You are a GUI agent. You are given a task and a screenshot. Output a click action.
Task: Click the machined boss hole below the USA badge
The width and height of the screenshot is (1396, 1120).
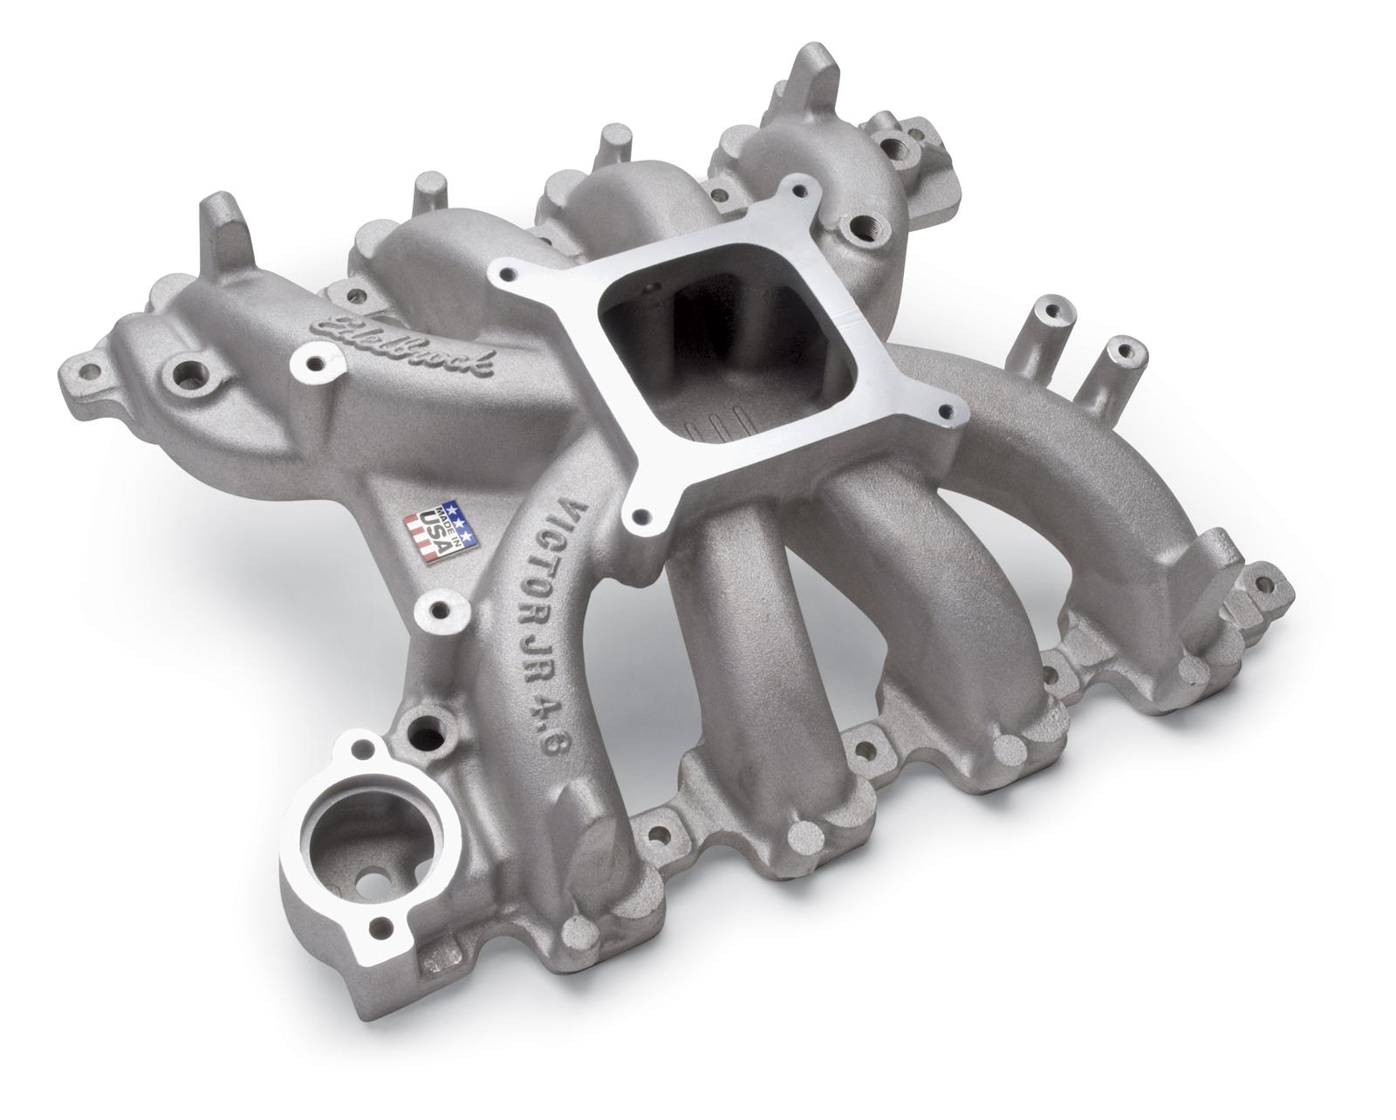pos(436,608)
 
